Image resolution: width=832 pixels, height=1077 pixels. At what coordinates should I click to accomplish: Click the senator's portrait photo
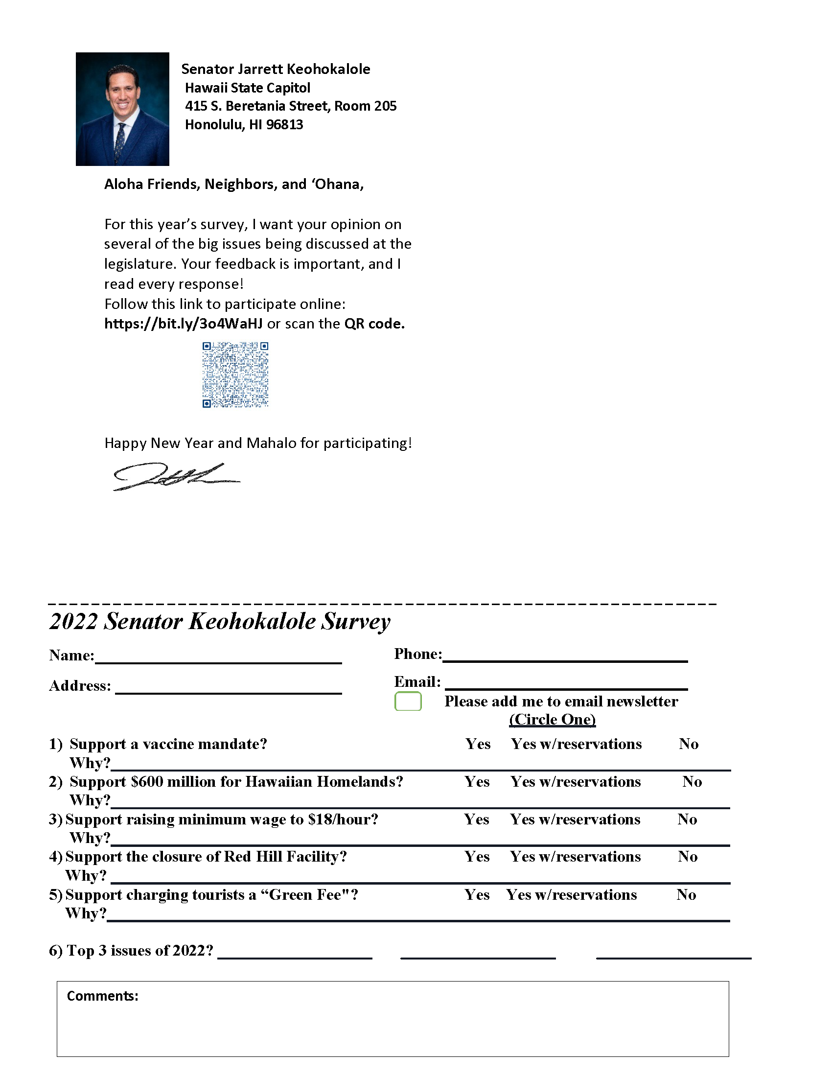122,109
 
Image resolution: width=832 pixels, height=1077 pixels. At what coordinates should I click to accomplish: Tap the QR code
235,375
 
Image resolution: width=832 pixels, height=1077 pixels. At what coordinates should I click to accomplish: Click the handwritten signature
175,476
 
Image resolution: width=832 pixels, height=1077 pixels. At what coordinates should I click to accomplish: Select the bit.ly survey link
184,324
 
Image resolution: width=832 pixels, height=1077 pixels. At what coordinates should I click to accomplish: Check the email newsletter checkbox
408,701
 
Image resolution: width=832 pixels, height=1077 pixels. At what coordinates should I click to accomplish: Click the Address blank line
228,689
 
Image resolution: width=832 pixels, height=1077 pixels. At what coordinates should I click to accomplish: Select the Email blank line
566,684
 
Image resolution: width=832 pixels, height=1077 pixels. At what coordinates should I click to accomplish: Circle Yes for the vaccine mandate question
478,744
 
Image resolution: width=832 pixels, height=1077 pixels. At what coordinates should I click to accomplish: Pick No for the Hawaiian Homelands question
692,782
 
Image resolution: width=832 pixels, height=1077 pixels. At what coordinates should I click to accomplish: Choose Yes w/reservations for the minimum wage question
575,819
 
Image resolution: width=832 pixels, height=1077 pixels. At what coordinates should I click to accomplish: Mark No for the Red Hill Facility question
687,857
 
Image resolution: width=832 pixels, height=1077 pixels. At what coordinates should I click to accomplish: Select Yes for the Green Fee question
477,894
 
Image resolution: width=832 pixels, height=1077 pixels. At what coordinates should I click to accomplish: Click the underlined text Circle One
552,720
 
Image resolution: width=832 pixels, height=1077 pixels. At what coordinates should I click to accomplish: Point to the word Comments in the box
102,996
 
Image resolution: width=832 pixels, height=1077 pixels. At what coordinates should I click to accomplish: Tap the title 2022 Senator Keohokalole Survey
220,621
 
